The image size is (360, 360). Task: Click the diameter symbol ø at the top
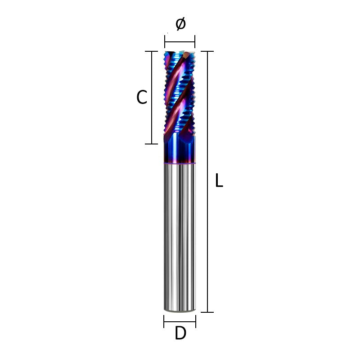tap(180, 23)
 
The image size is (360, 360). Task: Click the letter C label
tap(142, 98)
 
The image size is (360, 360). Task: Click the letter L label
tap(219, 181)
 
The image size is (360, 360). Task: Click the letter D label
tap(180, 334)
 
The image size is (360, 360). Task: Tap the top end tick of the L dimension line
tap(207, 52)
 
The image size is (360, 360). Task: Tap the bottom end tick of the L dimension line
tap(207, 312)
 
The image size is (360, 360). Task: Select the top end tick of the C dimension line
tap(151, 51)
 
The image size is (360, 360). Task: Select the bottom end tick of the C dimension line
tap(151, 144)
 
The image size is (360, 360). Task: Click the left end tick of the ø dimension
tap(165, 42)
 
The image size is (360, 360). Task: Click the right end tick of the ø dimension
tap(195, 42)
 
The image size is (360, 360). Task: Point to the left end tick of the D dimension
tap(164, 321)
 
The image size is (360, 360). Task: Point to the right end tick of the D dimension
tap(196, 321)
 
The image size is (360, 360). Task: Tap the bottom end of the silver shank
tap(180, 310)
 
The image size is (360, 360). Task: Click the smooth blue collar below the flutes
tap(180, 151)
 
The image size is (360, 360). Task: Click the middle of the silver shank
tap(180, 236)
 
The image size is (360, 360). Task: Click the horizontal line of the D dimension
tap(180, 321)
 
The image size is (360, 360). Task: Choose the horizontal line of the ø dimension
tap(180, 42)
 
